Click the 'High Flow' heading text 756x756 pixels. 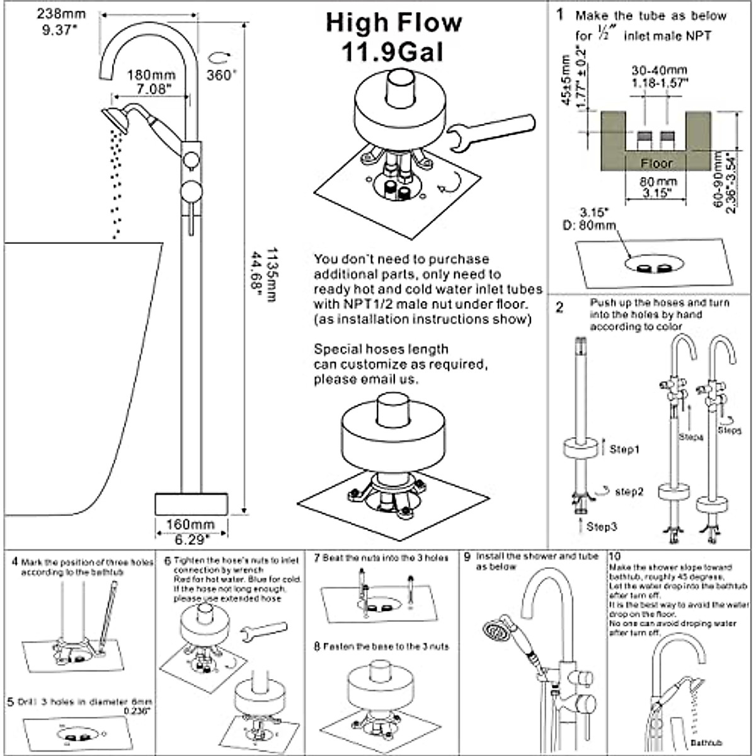394,23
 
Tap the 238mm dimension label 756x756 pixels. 62,13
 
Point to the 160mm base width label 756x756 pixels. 190,524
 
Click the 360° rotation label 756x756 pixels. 222,74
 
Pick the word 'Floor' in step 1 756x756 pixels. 656,163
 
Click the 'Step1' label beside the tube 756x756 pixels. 624,449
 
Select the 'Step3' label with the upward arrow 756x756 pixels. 602,526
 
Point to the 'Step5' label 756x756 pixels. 729,430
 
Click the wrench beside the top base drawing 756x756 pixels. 490,131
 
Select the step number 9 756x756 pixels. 467,557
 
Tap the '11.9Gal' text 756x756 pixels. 392,53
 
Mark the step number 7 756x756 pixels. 317,558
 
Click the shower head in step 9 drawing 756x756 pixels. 495,631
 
